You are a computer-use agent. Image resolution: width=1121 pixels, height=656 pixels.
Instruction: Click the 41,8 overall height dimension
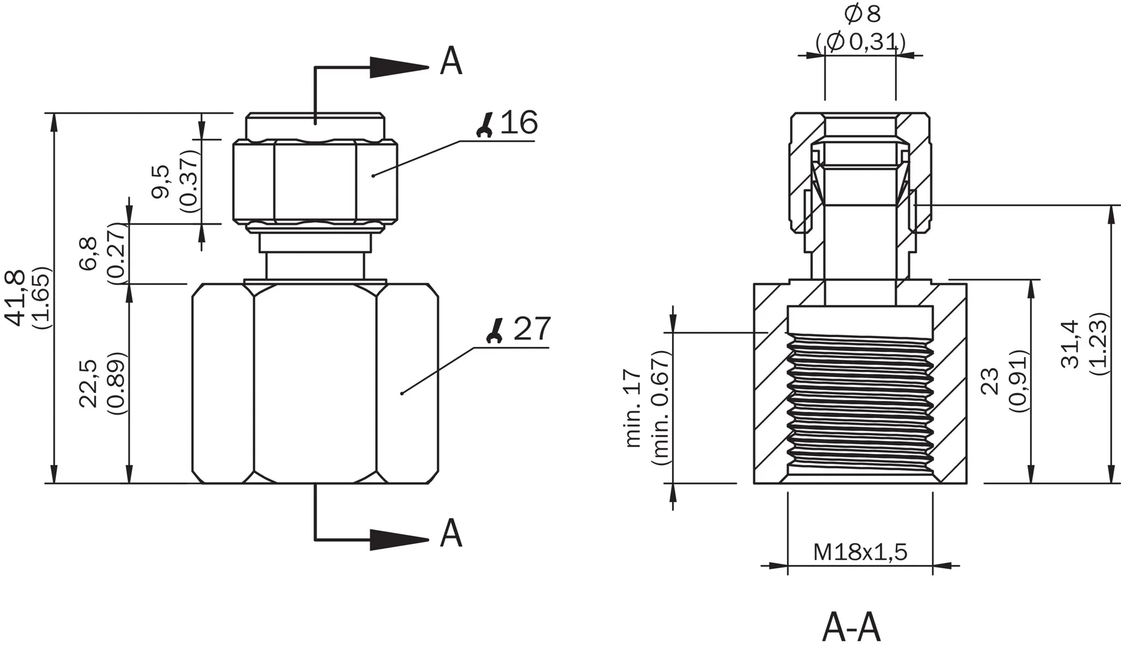click(16, 298)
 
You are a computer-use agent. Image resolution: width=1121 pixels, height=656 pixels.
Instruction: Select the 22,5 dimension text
click(88, 383)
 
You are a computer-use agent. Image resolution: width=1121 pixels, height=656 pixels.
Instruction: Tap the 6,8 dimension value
click(88, 254)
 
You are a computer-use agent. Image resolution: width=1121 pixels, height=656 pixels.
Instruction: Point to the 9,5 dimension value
click(160, 181)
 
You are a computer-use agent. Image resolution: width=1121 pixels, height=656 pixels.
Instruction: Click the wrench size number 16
click(519, 123)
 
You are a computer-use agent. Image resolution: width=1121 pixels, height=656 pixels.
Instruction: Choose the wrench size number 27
click(532, 329)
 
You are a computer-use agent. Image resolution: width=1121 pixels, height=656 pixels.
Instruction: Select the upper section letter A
click(451, 61)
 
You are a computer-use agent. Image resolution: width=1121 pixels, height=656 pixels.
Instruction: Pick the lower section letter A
click(451, 533)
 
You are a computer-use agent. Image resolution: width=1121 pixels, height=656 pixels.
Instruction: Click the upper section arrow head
click(400, 67)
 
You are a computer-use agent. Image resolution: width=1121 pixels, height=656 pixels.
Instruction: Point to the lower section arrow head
click(400, 540)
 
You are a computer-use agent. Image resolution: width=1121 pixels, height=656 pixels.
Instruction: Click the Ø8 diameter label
click(862, 13)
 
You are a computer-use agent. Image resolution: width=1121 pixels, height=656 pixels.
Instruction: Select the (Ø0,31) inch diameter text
click(861, 42)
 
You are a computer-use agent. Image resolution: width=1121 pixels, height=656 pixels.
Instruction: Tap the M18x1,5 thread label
click(861, 551)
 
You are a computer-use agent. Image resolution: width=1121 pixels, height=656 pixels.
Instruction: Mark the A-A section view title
click(851, 627)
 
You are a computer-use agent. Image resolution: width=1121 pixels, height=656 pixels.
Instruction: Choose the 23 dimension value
click(992, 381)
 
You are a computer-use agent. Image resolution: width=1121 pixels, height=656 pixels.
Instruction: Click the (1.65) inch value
click(43, 306)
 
